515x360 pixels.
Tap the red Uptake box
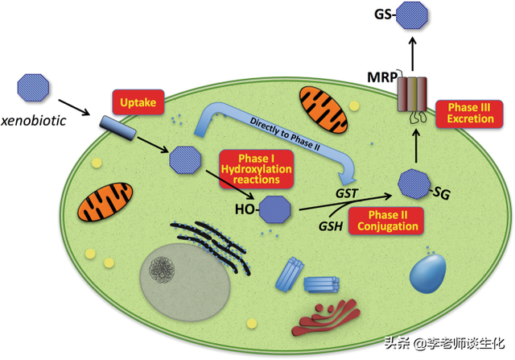pos(137,102)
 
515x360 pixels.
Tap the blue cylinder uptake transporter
pos(115,127)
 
